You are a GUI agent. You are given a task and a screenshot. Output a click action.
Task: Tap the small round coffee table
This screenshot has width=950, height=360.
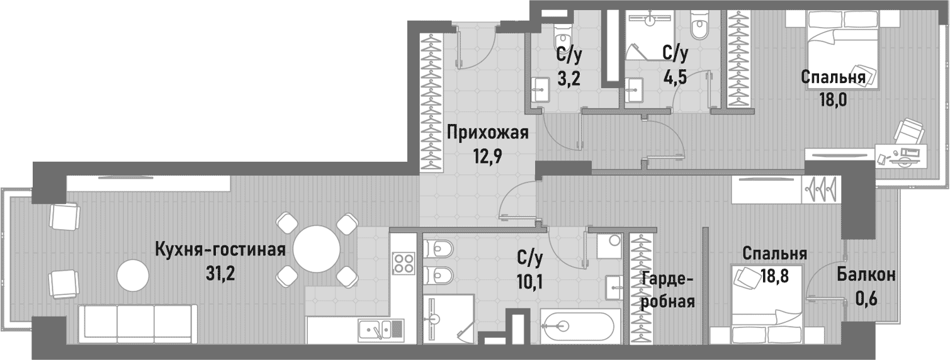(133, 274)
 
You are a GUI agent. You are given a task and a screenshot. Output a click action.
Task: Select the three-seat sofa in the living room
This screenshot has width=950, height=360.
(137, 323)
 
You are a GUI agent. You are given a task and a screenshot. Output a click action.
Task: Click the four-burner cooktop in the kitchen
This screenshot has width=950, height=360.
(403, 261)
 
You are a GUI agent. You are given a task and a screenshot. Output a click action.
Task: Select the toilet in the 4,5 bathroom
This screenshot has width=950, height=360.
(698, 26)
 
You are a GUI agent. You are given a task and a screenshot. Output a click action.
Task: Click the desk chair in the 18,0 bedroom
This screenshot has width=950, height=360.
(908, 132)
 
